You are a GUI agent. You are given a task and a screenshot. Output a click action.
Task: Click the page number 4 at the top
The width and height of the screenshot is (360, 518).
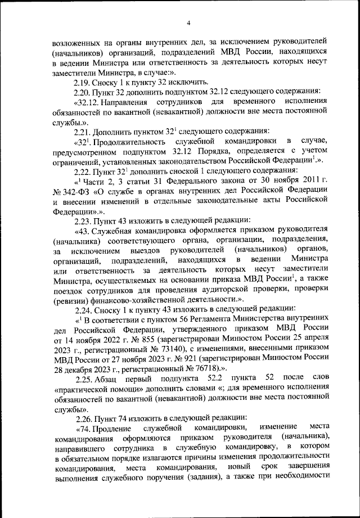188,22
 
